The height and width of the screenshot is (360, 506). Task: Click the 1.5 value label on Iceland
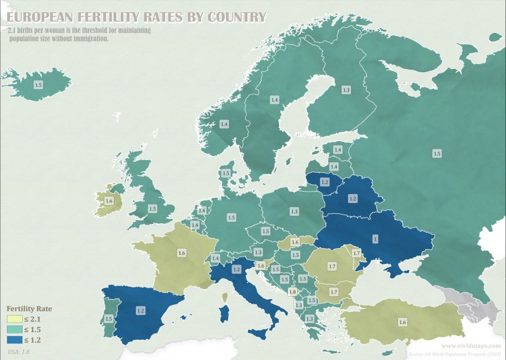click(38, 84)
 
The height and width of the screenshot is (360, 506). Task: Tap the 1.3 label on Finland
click(346, 90)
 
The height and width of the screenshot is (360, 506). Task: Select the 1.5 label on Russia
click(436, 153)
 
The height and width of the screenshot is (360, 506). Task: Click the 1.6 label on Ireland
click(109, 201)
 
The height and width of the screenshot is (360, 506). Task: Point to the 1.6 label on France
click(182, 252)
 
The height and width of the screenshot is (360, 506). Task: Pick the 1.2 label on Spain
click(140, 311)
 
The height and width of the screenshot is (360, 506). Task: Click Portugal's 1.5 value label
click(109, 319)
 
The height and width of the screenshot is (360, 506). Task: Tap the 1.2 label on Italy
click(237, 270)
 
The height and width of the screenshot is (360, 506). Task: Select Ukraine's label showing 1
click(374, 239)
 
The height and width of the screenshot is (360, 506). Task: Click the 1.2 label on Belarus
click(353, 199)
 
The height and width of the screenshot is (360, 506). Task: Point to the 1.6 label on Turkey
click(402, 322)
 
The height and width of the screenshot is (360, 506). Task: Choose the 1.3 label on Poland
click(294, 211)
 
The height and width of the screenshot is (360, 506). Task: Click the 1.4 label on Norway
click(224, 124)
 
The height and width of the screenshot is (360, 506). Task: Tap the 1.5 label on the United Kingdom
click(152, 208)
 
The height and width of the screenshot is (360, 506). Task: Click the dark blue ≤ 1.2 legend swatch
click(13, 339)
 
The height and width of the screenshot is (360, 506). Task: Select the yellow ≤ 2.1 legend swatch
click(13, 320)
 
